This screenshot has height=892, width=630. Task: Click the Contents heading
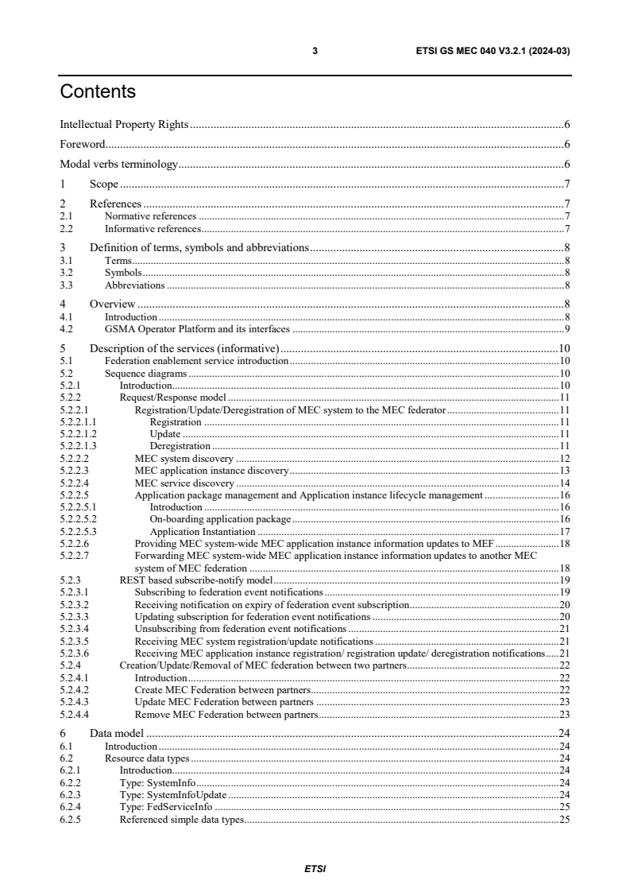[x=98, y=92]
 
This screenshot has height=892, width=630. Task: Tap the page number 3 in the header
[x=315, y=51]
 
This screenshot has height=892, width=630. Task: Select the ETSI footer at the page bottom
[x=315, y=868]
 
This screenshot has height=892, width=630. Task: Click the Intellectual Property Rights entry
[x=125, y=124]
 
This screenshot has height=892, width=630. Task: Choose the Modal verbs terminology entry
[x=118, y=165]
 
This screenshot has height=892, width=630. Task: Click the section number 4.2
[x=67, y=328]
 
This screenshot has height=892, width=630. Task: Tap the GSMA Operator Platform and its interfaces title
[x=199, y=328]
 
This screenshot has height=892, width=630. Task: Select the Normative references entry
[x=150, y=215]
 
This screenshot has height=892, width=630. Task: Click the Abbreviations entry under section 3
[x=134, y=285]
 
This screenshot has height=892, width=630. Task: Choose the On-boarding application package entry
[x=220, y=518]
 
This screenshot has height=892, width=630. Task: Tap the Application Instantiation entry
[x=203, y=531]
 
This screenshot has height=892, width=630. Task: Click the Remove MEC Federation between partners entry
[x=226, y=715]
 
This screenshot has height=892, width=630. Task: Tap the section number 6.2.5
[x=70, y=819]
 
